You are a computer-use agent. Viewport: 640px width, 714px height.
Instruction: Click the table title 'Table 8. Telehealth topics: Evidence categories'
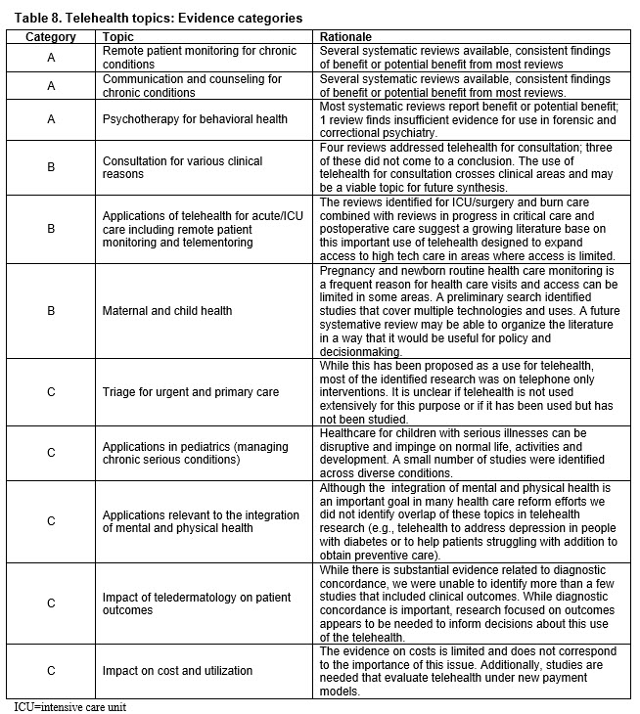click(x=155, y=18)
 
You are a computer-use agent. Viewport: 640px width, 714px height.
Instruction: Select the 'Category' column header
click(x=51, y=36)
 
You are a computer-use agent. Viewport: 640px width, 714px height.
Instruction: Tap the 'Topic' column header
click(x=118, y=36)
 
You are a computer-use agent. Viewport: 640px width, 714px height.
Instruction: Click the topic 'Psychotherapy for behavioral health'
click(x=196, y=119)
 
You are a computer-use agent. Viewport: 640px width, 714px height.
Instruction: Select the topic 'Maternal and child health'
click(x=167, y=311)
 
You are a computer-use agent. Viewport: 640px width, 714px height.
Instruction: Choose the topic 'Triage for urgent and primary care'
click(x=191, y=392)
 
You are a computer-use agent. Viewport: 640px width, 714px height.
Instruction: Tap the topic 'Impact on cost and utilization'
click(x=177, y=670)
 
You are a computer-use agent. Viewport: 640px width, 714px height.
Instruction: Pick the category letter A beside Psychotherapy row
click(x=51, y=119)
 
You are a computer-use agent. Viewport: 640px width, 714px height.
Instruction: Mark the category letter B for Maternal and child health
click(x=51, y=311)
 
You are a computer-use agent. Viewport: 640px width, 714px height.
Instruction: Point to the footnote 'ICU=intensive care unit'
click(x=70, y=705)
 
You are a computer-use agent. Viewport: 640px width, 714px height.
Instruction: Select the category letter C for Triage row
click(x=51, y=392)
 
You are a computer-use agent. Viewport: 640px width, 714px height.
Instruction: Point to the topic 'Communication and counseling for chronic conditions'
click(x=192, y=85)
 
